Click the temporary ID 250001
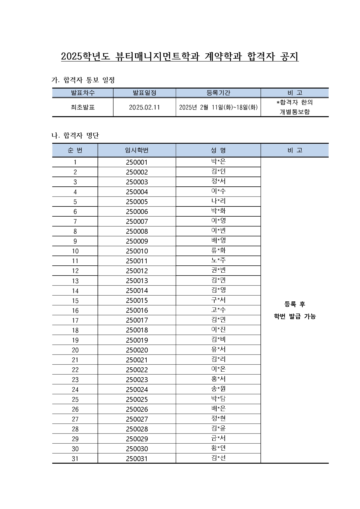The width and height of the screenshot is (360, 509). coord(137,162)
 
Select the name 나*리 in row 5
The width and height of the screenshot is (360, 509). coord(218,201)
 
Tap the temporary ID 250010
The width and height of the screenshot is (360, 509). coord(137,251)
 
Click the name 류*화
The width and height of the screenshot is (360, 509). coord(218,250)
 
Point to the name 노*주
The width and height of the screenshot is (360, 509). coord(218,260)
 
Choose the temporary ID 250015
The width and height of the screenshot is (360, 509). coord(137,301)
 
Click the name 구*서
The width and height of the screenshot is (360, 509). coord(218,300)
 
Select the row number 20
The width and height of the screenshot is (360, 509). coord(75,350)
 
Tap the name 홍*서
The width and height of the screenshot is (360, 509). coord(218,379)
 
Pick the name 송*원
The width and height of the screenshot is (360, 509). coord(218,389)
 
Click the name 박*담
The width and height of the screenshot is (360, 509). coord(218,398)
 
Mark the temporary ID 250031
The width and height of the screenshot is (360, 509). coord(137,459)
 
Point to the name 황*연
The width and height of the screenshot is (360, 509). coord(218,448)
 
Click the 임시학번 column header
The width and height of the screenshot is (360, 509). coord(137,150)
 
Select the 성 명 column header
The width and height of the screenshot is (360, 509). coord(218,150)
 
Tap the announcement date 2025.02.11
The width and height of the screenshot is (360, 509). coord(144,107)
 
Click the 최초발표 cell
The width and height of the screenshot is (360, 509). coord(83,107)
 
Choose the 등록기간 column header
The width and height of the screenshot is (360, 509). coord(218,93)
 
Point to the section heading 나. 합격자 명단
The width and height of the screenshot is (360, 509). coord(75,135)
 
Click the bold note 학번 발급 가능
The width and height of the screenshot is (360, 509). coord(295,316)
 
